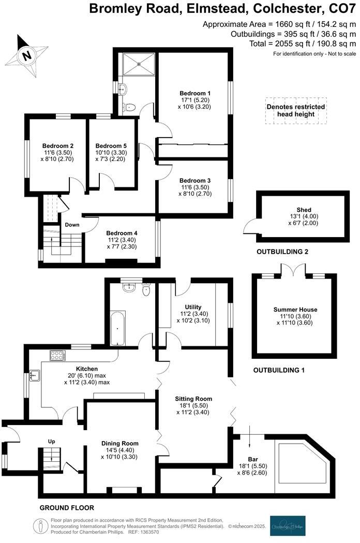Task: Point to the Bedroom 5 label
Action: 111,145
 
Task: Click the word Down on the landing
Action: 72,225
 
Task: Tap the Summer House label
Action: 295,310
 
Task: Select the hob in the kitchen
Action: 57,356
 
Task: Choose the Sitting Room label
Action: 193,399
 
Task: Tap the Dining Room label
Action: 119,444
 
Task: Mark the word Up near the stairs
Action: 52,442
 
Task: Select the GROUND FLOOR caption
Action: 67,508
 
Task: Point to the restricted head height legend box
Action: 296,110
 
